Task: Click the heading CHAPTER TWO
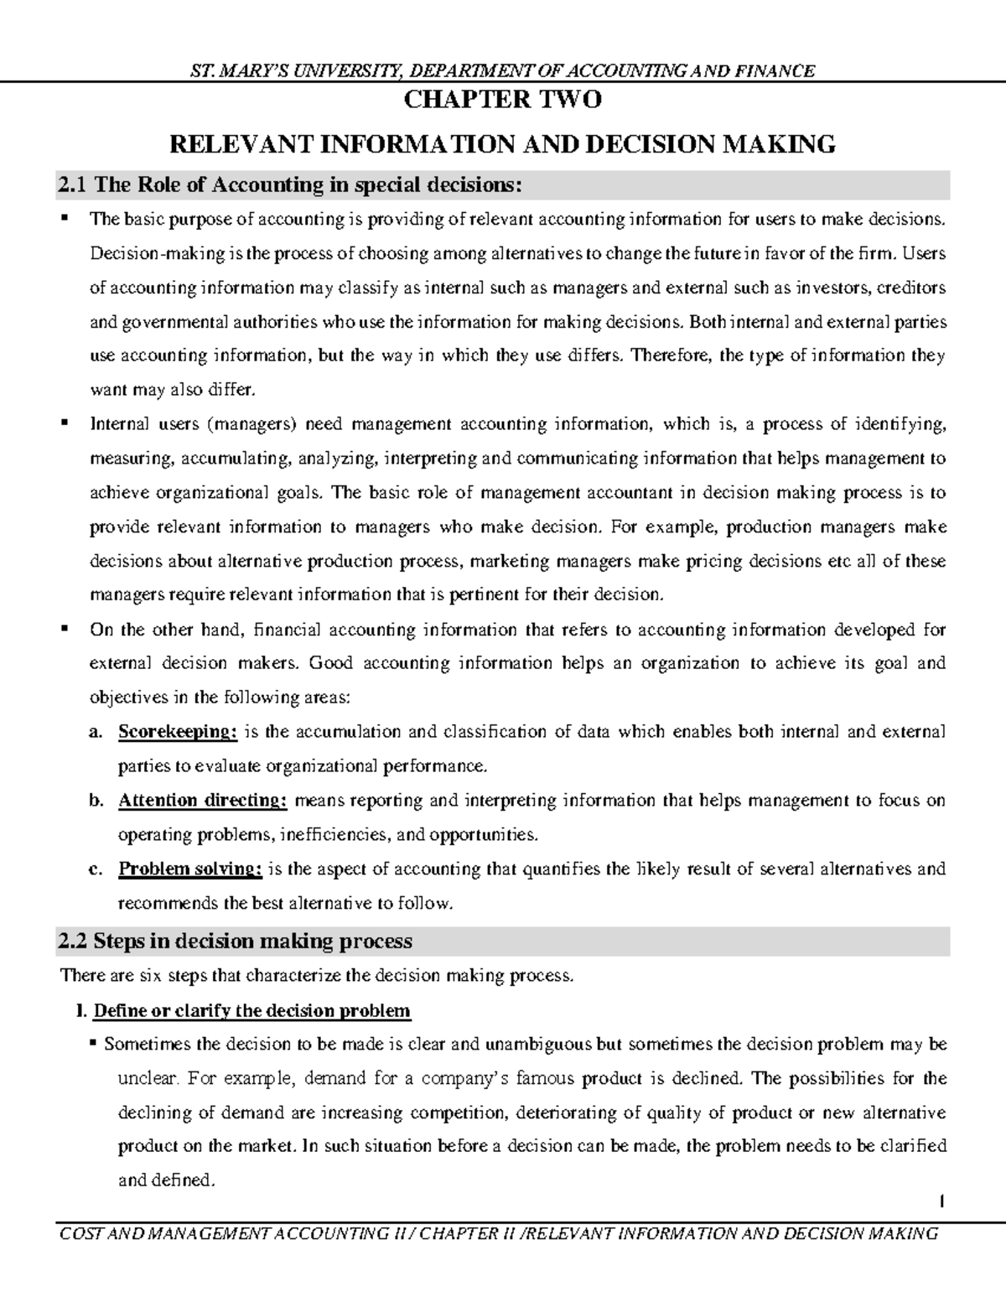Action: pyautogui.click(x=503, y=101)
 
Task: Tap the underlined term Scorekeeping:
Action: pyautogui.click(x=178, y=731)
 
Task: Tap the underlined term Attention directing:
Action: pyautogui.click(x=203, y=800)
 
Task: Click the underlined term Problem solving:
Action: pyautogui.click(x=190, y=869)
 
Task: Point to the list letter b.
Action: pyautogui.click(x=95, y=801)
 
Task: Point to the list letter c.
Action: pyautogui.click(x=95, y=869)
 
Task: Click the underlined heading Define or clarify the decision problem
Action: pyautogui.click(x=251, y=1010)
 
